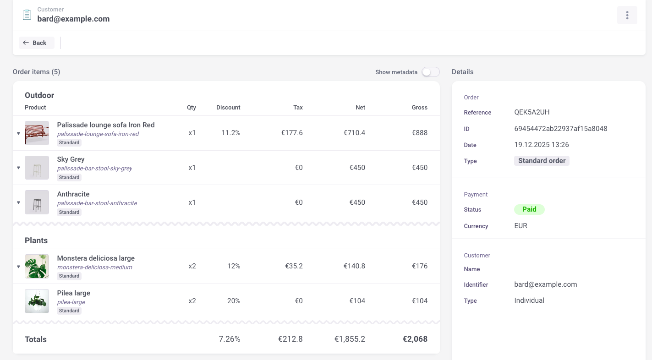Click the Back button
click(36, 43)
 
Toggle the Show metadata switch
click(430, 72)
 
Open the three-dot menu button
click(627, 15)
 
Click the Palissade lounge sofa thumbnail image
click(37, 133)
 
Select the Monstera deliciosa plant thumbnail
click(37, 266)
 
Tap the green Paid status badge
click(529, 209)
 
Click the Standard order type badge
click(542, 161)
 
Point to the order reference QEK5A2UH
click(531, 112)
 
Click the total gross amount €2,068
click(415, 339)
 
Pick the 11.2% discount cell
click(230, 133)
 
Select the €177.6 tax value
click(292, 133)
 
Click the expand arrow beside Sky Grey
click(19, 168)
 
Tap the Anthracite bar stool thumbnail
click(37, 202)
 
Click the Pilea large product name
click(73, 293)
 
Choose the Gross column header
click(419, 108)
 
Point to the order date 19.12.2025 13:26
click(541, 145)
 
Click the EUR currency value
click(521, 226)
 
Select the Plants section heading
click(36, 240)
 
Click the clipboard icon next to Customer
click(27, 15)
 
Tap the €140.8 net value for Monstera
click(354, 266)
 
